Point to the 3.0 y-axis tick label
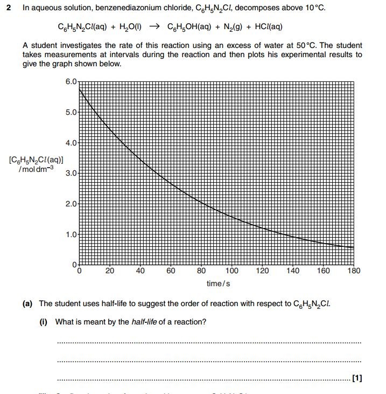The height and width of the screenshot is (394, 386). tap(71, 174)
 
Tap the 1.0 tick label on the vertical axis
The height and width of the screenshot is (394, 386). tap(71, 235)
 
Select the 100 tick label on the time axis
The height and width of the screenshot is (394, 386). tap(232, 271)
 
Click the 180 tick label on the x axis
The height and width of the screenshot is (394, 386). tap(354, 271)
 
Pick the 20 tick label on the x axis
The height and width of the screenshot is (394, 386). tap(110, 271)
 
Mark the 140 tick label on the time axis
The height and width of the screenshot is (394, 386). tap(293, 271)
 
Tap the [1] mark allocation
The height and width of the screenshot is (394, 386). tap(356, 378)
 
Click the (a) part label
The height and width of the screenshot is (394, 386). tap(27, 304)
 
